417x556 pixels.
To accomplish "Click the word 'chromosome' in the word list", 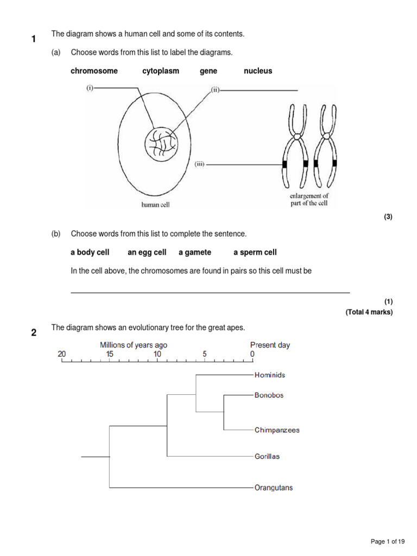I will point(94,71).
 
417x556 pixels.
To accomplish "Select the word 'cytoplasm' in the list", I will point(161,71).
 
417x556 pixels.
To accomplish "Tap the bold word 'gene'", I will point(208,71).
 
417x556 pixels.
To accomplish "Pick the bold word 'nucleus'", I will point(258,71).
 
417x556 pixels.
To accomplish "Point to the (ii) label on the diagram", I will point(215,90).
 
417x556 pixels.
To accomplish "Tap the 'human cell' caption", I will point(156,205).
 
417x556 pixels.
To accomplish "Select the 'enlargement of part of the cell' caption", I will point(310,199).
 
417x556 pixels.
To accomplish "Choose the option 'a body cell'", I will point(90,252).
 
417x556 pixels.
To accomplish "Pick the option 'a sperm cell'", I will point(255,252).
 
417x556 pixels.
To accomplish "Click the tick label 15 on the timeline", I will point(110,354).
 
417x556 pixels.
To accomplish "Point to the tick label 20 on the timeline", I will point(62,354).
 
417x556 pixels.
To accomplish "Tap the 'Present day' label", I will point(270,345).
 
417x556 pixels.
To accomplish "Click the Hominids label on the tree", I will point(270,375).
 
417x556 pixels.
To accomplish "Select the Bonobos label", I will point(269,395).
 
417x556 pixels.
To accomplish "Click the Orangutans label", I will point(274,488).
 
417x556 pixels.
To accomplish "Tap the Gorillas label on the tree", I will point(267,457).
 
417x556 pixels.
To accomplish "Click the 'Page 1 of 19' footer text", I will point(388,541).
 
